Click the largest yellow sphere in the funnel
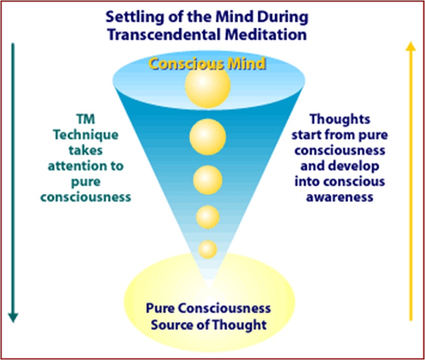point(208,86)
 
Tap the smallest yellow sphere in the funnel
point(208,249)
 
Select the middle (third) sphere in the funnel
point(208,179)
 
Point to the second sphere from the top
point(208,137)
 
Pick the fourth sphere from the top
point(208,217)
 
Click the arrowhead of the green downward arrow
point(13,317)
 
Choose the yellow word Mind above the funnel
point(249,64)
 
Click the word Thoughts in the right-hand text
point(347,119)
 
